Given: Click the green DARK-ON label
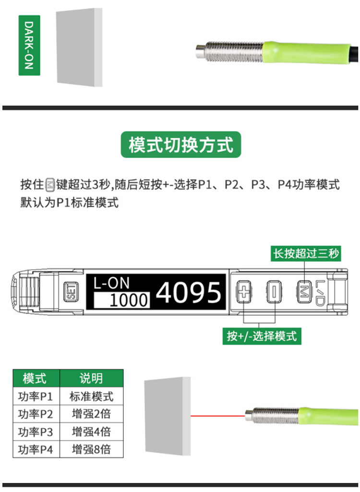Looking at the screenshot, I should tap(29, 45).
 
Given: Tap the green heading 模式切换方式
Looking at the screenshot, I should tap(180, 144).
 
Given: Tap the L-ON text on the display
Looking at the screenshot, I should tap(111, 283).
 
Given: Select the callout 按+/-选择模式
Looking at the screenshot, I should tap(262, 336).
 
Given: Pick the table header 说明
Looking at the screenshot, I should tap(91, 378).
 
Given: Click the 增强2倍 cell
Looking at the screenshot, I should tap(91, 414).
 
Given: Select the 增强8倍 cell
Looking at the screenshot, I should tap(91, 449).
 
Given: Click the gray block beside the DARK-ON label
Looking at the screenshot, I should tap(79, 47).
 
